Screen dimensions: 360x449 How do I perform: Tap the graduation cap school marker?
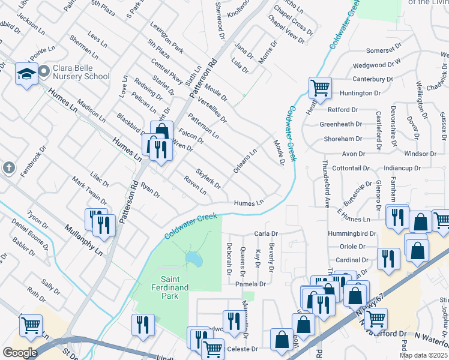tap(26, 74)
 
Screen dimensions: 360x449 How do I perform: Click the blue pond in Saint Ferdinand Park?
tap(193, 259)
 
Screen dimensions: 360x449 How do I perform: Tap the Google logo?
tap(19, 353)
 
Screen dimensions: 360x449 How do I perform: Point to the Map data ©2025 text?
tap(423, 355)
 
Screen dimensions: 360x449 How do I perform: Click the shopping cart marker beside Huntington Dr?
tap(320, 88)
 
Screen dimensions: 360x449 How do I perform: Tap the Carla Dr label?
tap(266, 233)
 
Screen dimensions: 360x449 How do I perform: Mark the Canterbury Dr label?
tap(372, 79)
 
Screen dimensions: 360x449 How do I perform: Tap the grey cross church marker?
tap(8, 167)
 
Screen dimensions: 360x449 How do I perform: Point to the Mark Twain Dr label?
tap(88, 190)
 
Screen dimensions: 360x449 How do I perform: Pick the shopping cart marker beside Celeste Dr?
tap(212, 348)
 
